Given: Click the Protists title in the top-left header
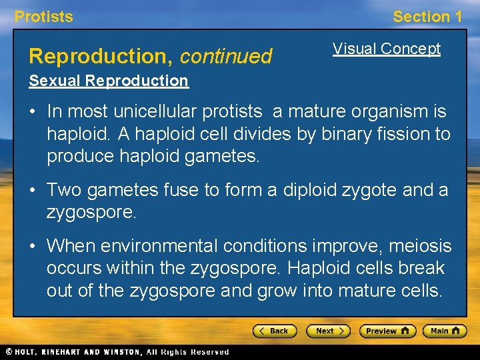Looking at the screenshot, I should pyautogui.click(x=44, y=17).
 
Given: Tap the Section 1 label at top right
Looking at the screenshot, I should pyautogui.click(x=427, y=17).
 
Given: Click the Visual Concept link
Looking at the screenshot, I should pyautogui.click(x=387, y=49).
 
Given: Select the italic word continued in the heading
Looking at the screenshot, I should pyautogui.click(x=226, y=57).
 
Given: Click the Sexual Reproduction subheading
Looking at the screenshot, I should pyautogui.click(x=109, y=81).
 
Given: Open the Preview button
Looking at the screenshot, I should pyautogui.click(x=387, y=331).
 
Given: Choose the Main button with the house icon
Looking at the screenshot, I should pyautogui.click(x=445, y=331).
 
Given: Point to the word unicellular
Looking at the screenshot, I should pyautogui.click(x=149, y=111).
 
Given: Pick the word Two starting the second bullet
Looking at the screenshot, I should pyautogui.click(x=63, y=190).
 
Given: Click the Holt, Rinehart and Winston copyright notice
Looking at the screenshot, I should pyautogui.click(x=117, y=352).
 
